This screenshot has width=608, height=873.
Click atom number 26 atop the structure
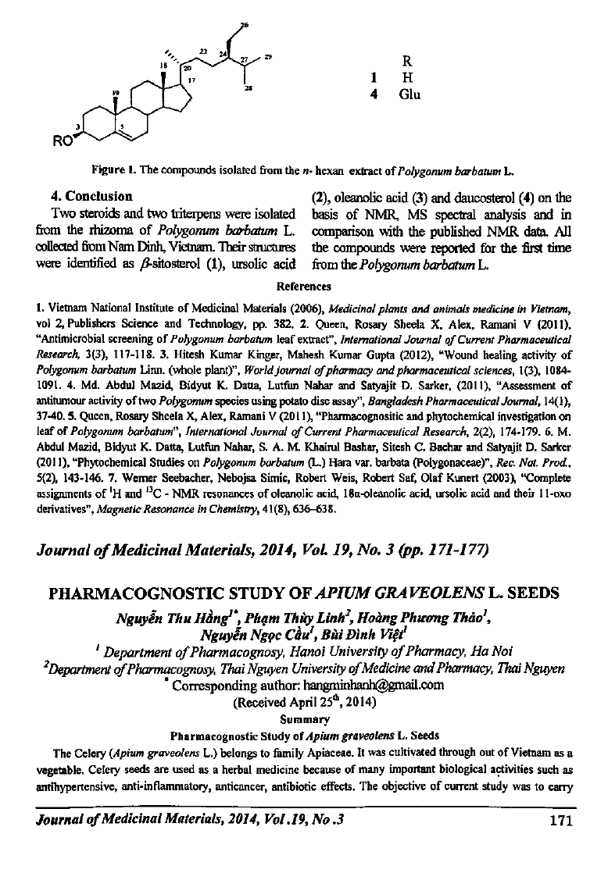[x=245, y=26]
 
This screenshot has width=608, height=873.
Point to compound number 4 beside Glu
[x=375, y=94]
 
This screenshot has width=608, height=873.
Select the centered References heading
[x=305, y=286]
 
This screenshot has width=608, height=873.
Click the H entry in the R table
[x=406, y=78]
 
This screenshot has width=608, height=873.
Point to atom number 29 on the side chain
[x=268, y=57]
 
